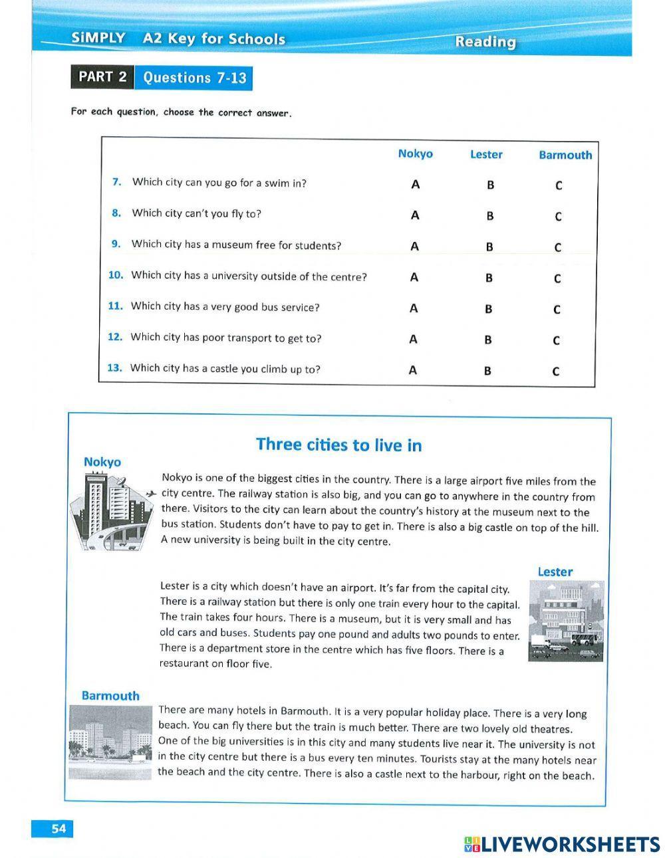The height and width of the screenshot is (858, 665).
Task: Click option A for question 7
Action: point(415,184)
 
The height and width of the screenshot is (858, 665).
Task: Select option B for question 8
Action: point(490,216)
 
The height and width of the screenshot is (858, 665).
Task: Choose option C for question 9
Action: point(557,247)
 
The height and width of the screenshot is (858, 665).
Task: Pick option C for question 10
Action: point(557,278)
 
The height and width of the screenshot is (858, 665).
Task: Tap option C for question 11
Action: point(557,310)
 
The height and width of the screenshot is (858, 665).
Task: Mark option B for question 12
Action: point(488,340)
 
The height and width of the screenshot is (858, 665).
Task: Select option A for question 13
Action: point(413,371)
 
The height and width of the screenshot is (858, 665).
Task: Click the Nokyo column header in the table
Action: point(415,154)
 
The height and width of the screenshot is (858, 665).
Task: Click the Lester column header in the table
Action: point(486,154)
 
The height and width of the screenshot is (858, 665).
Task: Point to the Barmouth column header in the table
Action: point(565,155)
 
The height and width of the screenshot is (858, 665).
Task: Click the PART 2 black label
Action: point(102,76)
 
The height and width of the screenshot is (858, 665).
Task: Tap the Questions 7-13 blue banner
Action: point(194,78)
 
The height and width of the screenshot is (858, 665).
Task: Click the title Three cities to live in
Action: point(338,445)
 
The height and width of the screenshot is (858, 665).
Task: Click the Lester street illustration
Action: point(566,621)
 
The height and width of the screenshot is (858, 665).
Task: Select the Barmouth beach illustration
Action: point(111,741)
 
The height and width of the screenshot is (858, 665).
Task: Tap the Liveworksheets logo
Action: point(562,844)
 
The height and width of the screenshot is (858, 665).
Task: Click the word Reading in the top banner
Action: point(485,42)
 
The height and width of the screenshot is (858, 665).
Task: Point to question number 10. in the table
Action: point(116,274)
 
